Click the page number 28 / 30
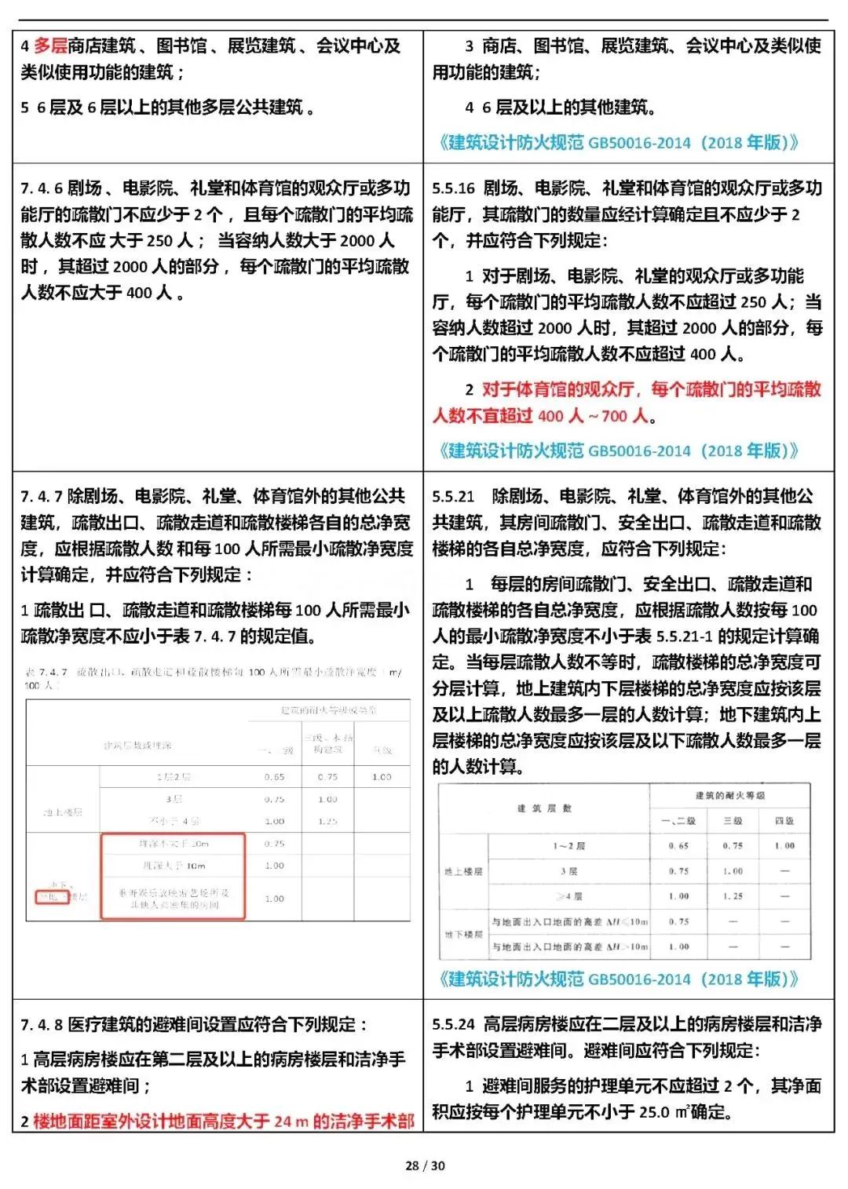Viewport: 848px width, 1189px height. coord(425,1165)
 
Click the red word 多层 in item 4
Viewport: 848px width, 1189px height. coord(49,46)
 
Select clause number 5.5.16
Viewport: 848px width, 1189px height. coord(453,188)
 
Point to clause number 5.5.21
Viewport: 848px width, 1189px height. coord(453,497)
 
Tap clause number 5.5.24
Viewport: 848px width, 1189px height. coord(453,1025)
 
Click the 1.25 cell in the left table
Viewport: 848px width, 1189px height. coord(327,821)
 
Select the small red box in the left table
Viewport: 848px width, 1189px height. coord(52,897)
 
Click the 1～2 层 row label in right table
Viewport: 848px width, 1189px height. coord(568,846)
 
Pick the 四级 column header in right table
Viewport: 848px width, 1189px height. coord(784,821)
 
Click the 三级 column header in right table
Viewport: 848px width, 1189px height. coord(733,821)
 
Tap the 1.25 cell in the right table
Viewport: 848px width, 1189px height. coord(733,895)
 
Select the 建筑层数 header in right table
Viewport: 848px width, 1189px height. coord(544,808)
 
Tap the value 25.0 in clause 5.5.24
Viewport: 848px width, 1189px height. coord(654,1113)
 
